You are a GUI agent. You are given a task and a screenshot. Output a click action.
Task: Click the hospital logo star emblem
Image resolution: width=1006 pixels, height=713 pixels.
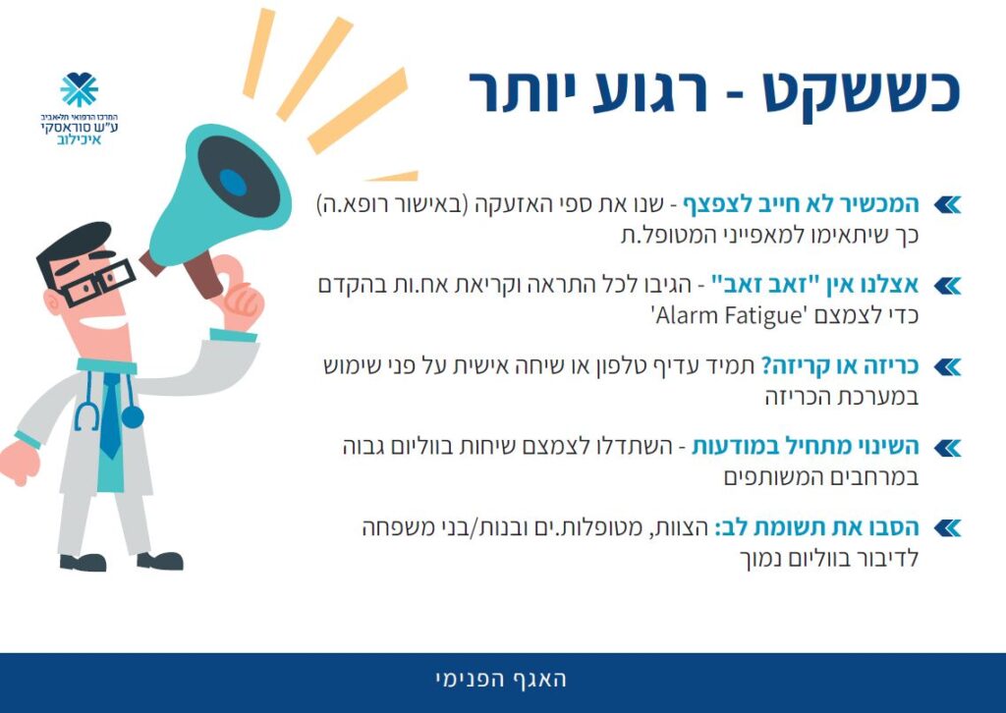click(x=79, y=89)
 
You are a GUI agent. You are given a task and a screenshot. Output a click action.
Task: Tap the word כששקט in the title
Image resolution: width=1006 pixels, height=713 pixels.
click(x=861, y=91)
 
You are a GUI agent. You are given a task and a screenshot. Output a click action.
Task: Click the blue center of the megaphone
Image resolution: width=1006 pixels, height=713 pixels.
click(x=233, y=183)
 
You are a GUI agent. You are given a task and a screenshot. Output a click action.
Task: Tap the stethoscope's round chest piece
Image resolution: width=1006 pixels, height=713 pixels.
click(x=133, y=416)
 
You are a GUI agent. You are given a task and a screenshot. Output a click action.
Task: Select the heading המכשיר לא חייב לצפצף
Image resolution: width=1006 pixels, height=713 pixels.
click(x=800, y=204)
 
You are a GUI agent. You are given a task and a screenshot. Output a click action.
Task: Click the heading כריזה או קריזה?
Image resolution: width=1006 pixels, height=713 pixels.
click(x=840, y=366)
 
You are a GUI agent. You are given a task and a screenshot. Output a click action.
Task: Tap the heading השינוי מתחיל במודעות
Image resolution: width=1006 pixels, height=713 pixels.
click(x=806, y=446)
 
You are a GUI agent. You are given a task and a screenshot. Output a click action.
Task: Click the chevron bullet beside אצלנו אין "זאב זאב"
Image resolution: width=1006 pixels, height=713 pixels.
click(x=947, y=286)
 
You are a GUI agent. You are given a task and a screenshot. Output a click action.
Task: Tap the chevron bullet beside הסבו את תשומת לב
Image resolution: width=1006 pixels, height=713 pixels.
click(x=947, y=528)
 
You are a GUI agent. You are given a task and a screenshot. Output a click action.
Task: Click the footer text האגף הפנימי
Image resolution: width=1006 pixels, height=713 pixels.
click(x=501, y=680)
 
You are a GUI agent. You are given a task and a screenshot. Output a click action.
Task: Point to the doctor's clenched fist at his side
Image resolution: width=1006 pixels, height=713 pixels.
click(x=20, y=462)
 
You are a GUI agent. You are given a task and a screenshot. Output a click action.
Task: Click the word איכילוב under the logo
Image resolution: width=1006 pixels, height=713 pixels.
click(x=79, y=139)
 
